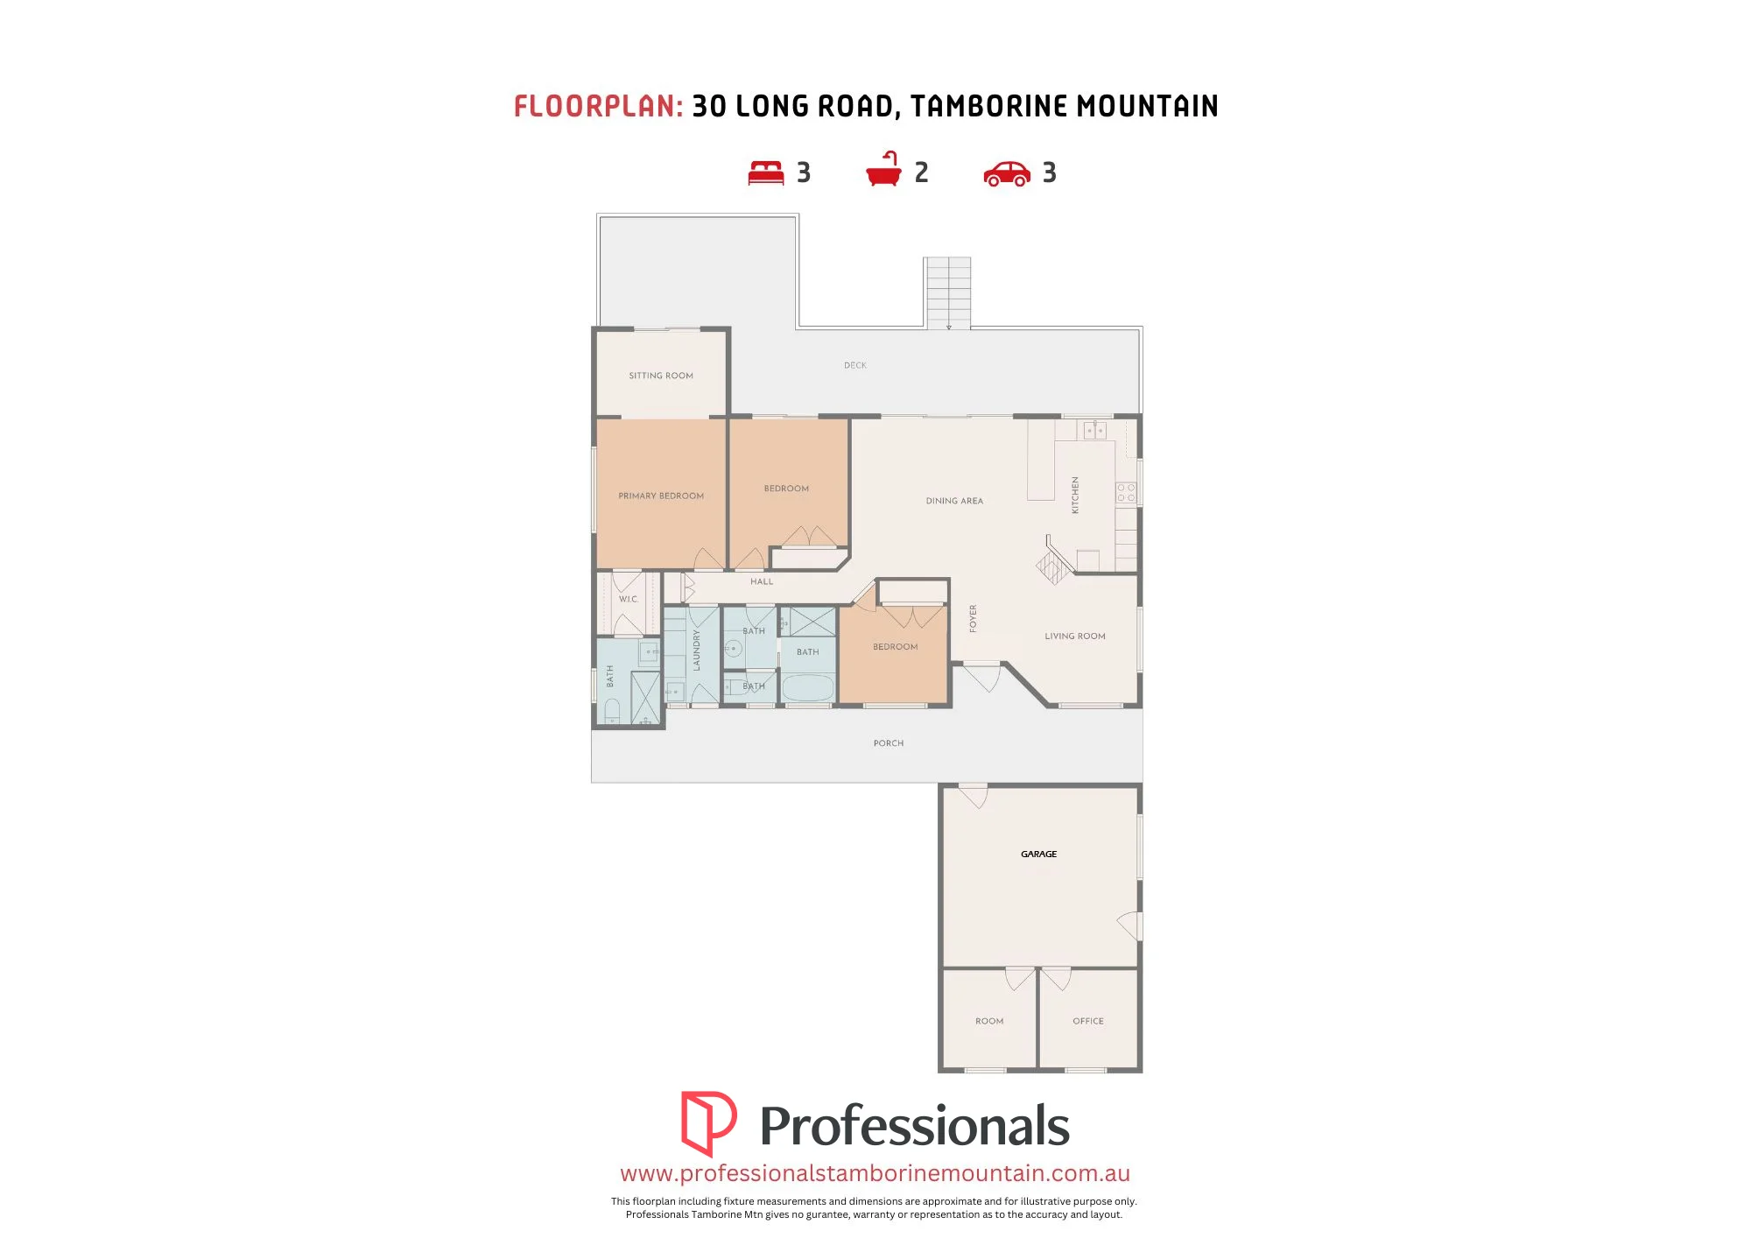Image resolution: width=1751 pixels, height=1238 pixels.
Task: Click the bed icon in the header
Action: tap(766, 172)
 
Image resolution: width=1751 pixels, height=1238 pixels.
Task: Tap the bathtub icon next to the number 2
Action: tap(884, 169)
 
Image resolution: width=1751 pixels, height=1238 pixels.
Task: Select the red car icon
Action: tap(1007, 173)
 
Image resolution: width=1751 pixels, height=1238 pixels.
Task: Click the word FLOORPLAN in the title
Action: tap(598, 107)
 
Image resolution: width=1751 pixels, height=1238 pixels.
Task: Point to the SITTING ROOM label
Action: tap(661, 376)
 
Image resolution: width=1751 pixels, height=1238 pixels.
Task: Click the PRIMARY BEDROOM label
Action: tap(661, 496)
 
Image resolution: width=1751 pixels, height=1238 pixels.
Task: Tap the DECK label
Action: tap(855, 365)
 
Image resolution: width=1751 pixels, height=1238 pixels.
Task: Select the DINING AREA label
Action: tap(954, 501)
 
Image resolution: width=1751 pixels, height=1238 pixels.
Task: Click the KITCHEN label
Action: tap(1075, 495)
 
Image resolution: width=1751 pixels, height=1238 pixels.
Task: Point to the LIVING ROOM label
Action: tap(1075, 637)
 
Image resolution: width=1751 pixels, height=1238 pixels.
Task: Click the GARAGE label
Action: tap(1039, 854)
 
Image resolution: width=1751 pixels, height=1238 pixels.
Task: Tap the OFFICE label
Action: tap(1088, 1021)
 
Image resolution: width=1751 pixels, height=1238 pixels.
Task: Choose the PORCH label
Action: tap(889, 743)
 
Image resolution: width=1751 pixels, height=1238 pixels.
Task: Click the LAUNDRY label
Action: tap(697, 651)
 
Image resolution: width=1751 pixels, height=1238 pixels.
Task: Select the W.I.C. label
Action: tap(629, 600)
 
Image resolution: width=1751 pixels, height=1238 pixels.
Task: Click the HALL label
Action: tap(762, 581)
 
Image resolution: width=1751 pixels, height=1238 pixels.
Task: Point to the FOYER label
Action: tap(973, 618)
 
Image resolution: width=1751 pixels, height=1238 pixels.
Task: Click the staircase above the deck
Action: tap(947, 292)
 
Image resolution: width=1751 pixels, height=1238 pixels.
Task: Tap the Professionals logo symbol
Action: tap(708, 1123)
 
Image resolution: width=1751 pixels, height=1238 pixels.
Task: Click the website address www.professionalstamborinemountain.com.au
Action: tap(875, 1173)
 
